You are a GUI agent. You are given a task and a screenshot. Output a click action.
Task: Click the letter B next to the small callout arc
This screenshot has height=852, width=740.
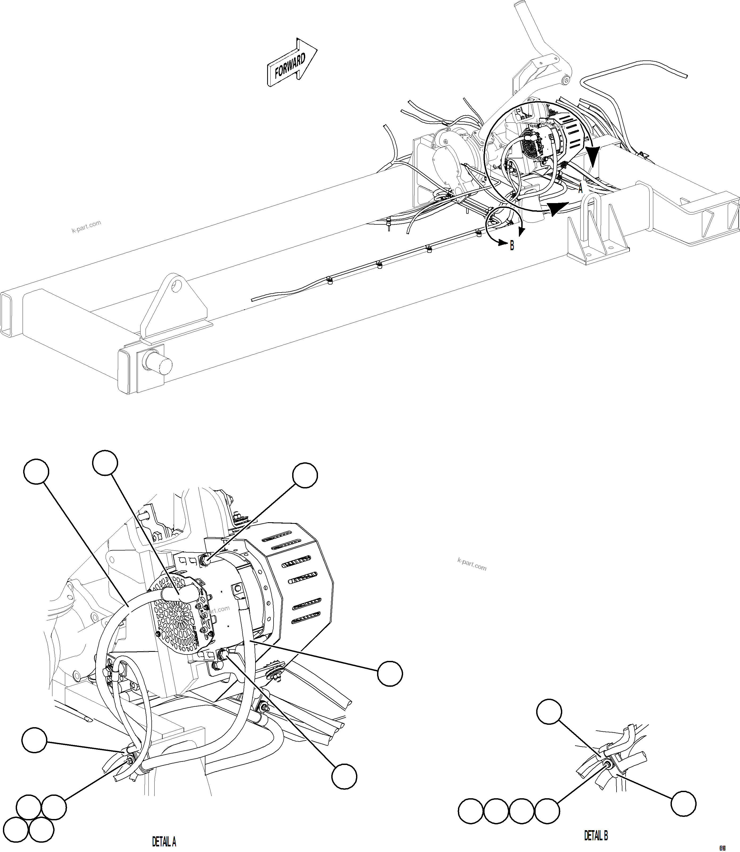pyautogui.click(x=512, y=246)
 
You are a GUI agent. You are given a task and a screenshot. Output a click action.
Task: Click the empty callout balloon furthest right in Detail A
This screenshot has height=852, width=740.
pyautogui.click(x=390, y=674)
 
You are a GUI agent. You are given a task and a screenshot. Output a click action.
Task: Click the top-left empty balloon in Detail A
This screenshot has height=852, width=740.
pyautogui.click(x=36, y=471)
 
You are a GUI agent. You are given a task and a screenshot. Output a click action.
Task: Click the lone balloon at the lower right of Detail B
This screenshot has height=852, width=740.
pyautogui.click(x=683, y=804)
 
